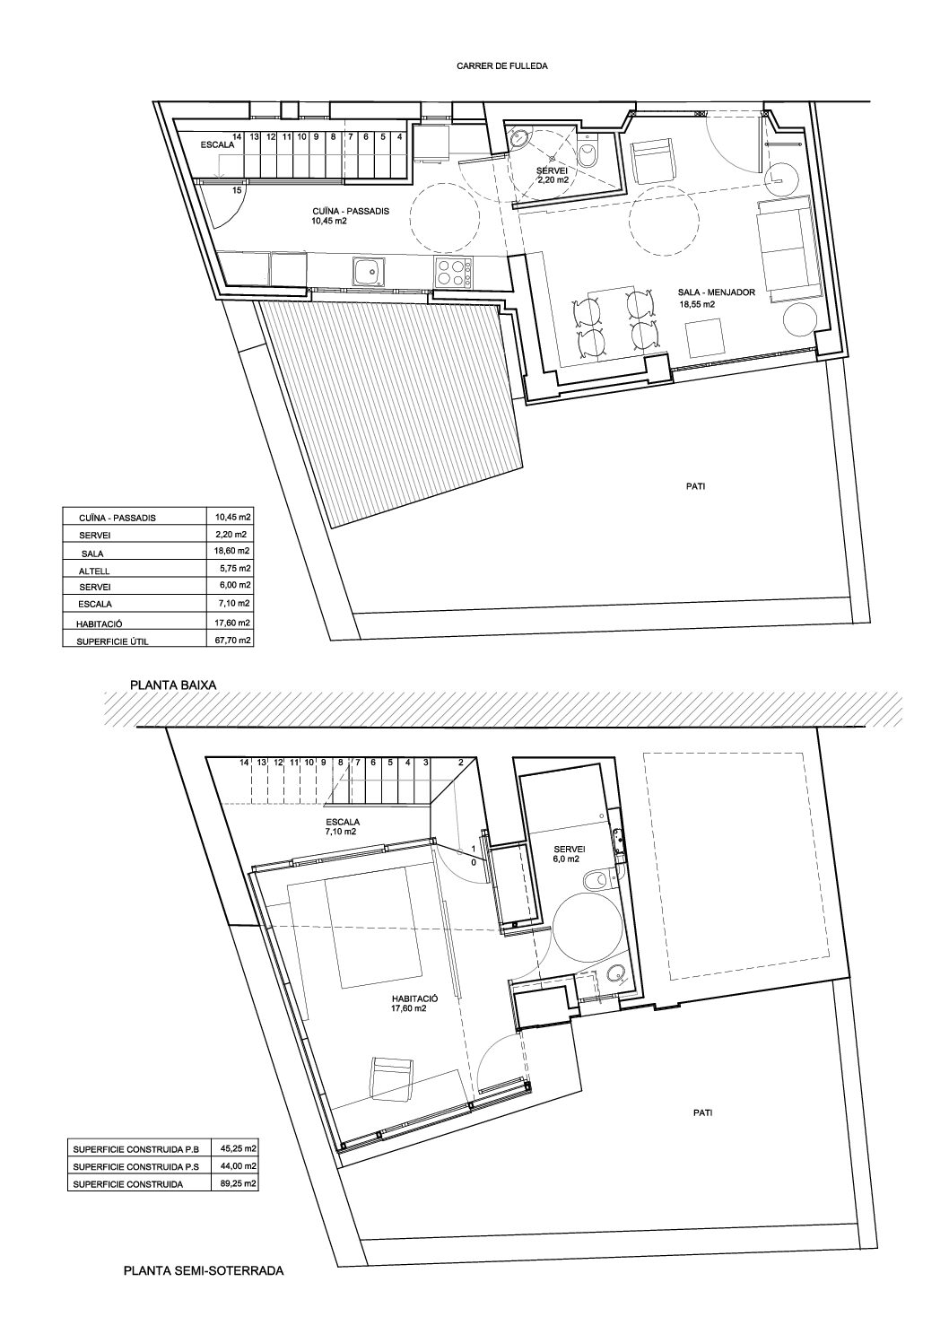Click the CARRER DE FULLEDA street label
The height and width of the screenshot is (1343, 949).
501,66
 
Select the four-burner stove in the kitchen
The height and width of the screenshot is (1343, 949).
453,271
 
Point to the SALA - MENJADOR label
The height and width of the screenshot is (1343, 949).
717,292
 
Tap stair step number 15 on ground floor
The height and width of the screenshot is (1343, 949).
237,190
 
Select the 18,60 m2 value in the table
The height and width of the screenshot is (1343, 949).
235,551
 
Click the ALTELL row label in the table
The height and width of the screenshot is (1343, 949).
94,571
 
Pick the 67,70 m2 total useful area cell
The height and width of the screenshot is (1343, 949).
235,640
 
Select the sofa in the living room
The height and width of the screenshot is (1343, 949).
785,249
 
